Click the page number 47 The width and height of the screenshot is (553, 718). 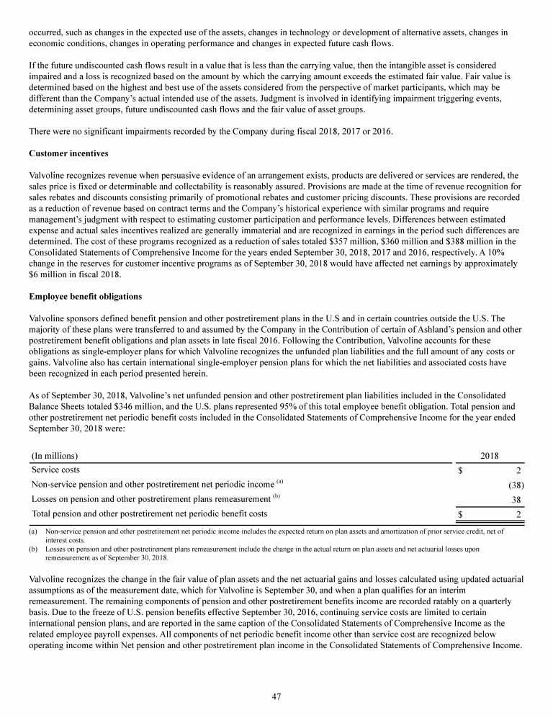[276, 696]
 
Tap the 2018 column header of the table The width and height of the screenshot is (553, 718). [489, 455]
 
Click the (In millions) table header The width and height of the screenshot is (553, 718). [55, 455]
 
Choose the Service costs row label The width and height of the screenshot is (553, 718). [55, 470]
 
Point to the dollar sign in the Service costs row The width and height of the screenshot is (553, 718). [461, 470]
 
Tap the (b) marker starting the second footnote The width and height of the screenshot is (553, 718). [33, 549]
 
